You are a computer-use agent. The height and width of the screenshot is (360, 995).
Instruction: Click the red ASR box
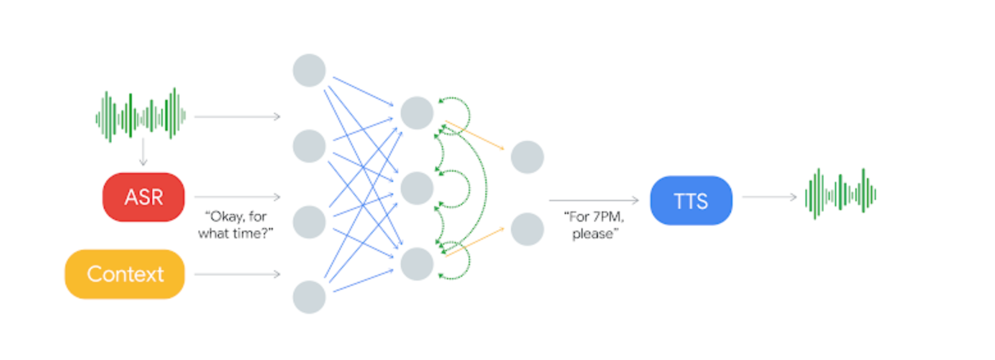[x=143, y=197]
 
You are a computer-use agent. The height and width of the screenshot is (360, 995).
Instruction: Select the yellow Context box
[x=125, y=274]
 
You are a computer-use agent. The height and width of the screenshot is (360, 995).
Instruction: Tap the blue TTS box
[x=691, y=200]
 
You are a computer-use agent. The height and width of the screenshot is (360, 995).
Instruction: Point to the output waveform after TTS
[x=840, y=193]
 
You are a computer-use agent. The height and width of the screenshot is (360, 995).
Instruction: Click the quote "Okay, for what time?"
[x=236, y=225]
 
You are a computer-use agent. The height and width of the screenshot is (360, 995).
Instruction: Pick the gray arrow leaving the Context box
[x=237, y=274]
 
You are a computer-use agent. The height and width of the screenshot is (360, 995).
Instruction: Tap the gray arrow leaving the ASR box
[x=237, y=197]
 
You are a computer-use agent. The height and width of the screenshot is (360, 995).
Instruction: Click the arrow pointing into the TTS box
[x=594, y=200]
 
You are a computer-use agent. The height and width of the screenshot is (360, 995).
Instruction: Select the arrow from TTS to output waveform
[x=769, y=197]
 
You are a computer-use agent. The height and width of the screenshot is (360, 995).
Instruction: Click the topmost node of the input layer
[x=309, y=70]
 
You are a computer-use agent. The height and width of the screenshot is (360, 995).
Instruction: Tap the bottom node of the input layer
[x=309, y=297]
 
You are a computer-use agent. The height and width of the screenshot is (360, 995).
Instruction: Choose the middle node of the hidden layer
[x=417, y=188]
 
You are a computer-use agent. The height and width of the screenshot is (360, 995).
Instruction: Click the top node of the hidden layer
[x=417, y=113]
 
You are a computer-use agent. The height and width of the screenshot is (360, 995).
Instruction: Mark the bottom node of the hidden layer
[x=417, y=263]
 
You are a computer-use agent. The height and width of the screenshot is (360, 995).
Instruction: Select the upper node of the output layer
[x=527, y=157]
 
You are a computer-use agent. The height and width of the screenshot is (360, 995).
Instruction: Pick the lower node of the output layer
[x=527, y=229]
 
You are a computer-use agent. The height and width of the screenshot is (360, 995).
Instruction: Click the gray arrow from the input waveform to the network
[x=237, y=117]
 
